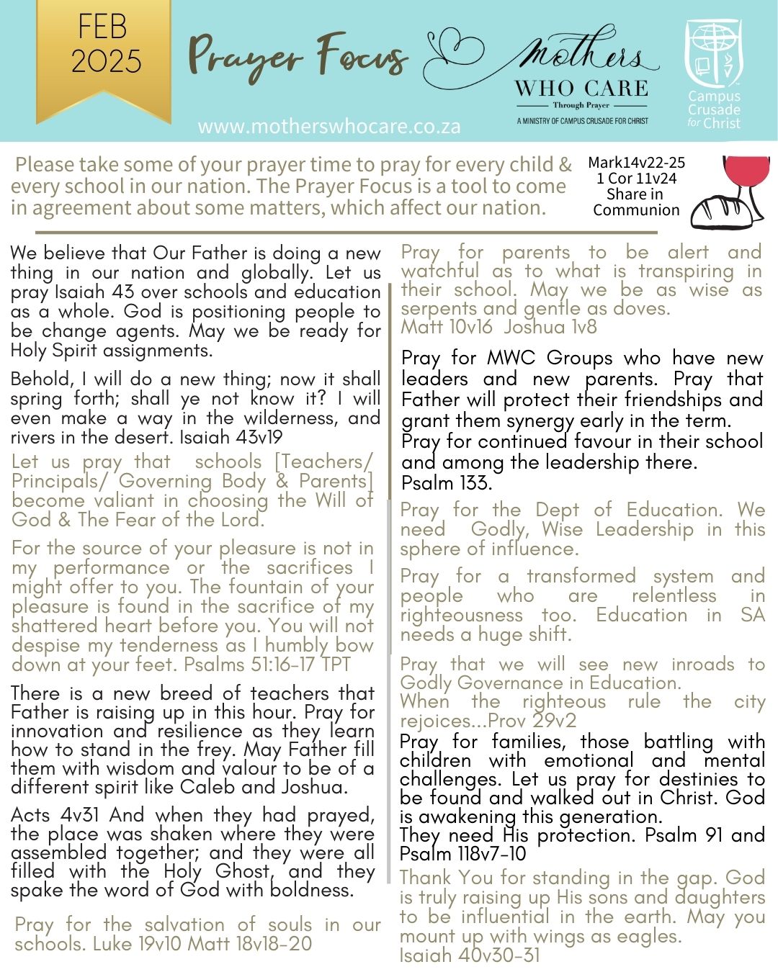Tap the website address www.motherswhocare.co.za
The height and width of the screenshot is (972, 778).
(329, 127)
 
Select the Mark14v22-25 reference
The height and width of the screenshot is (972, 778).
(636, 163)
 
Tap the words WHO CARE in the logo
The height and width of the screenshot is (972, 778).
(581, 89)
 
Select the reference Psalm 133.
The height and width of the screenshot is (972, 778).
(446, 482)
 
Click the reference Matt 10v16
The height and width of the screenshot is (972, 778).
(447, 327)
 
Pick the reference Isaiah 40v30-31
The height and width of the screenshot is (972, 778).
(470, 955)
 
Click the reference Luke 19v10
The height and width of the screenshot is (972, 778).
(136, 943)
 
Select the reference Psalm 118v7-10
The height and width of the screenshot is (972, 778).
(463, 854)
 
